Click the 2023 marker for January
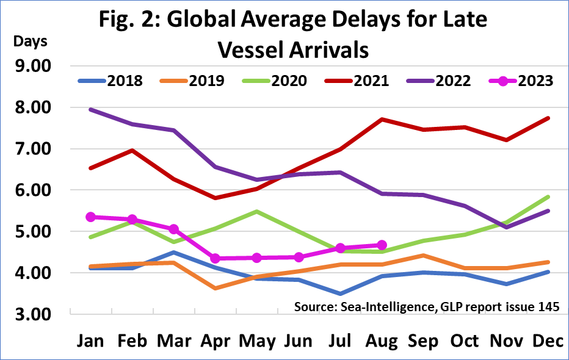[x=90, y=217]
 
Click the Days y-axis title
[x=30, y=42]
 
